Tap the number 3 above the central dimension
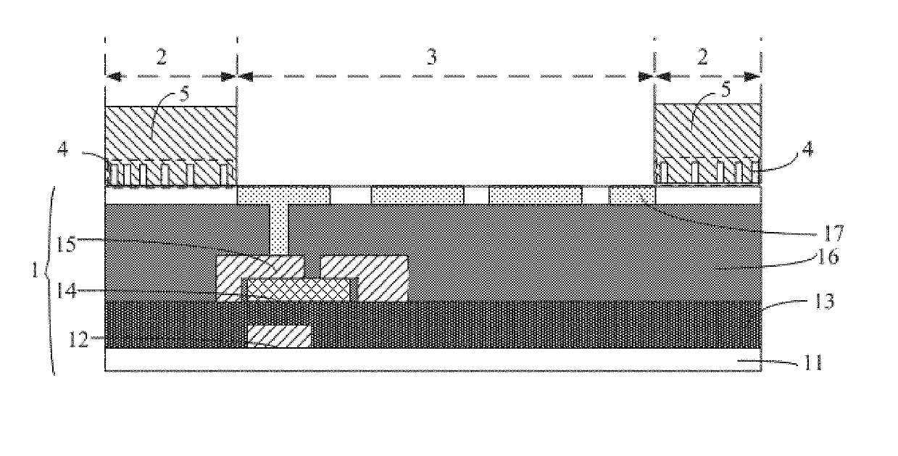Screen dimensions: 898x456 [432, 57]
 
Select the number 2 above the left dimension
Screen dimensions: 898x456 [161, 57]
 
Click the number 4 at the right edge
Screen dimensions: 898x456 [806, 152]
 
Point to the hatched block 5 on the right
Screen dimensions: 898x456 [707, 130]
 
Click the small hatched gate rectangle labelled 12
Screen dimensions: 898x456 [279, 336]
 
